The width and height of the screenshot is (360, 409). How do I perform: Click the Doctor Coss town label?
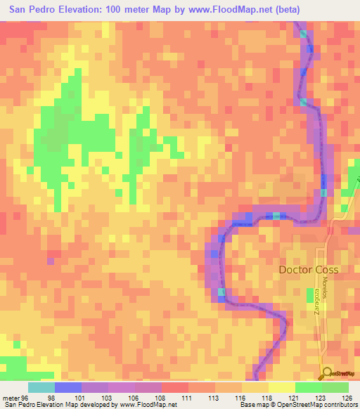[309, 270]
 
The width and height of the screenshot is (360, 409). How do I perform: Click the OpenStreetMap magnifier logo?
[326, 374]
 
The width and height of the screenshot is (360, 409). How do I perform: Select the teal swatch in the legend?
[41, 387]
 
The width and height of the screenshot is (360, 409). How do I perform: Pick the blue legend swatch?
[67, 387]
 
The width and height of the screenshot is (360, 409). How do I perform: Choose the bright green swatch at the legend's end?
[335, 387]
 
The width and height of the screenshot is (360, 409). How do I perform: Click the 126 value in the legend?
[347, 398]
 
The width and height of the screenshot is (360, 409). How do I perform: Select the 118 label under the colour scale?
[268, 398]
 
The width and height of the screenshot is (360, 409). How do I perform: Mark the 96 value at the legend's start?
[25, 398]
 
